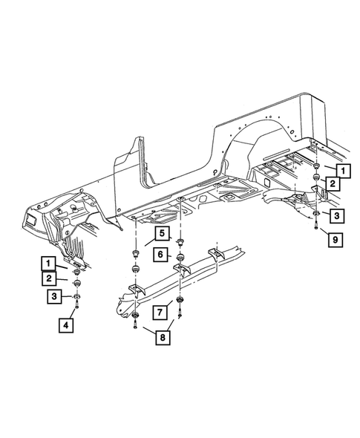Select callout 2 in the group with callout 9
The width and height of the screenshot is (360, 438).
335,183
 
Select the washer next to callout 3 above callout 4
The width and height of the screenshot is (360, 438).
78,298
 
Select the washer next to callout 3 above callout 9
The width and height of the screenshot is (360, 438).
317,216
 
